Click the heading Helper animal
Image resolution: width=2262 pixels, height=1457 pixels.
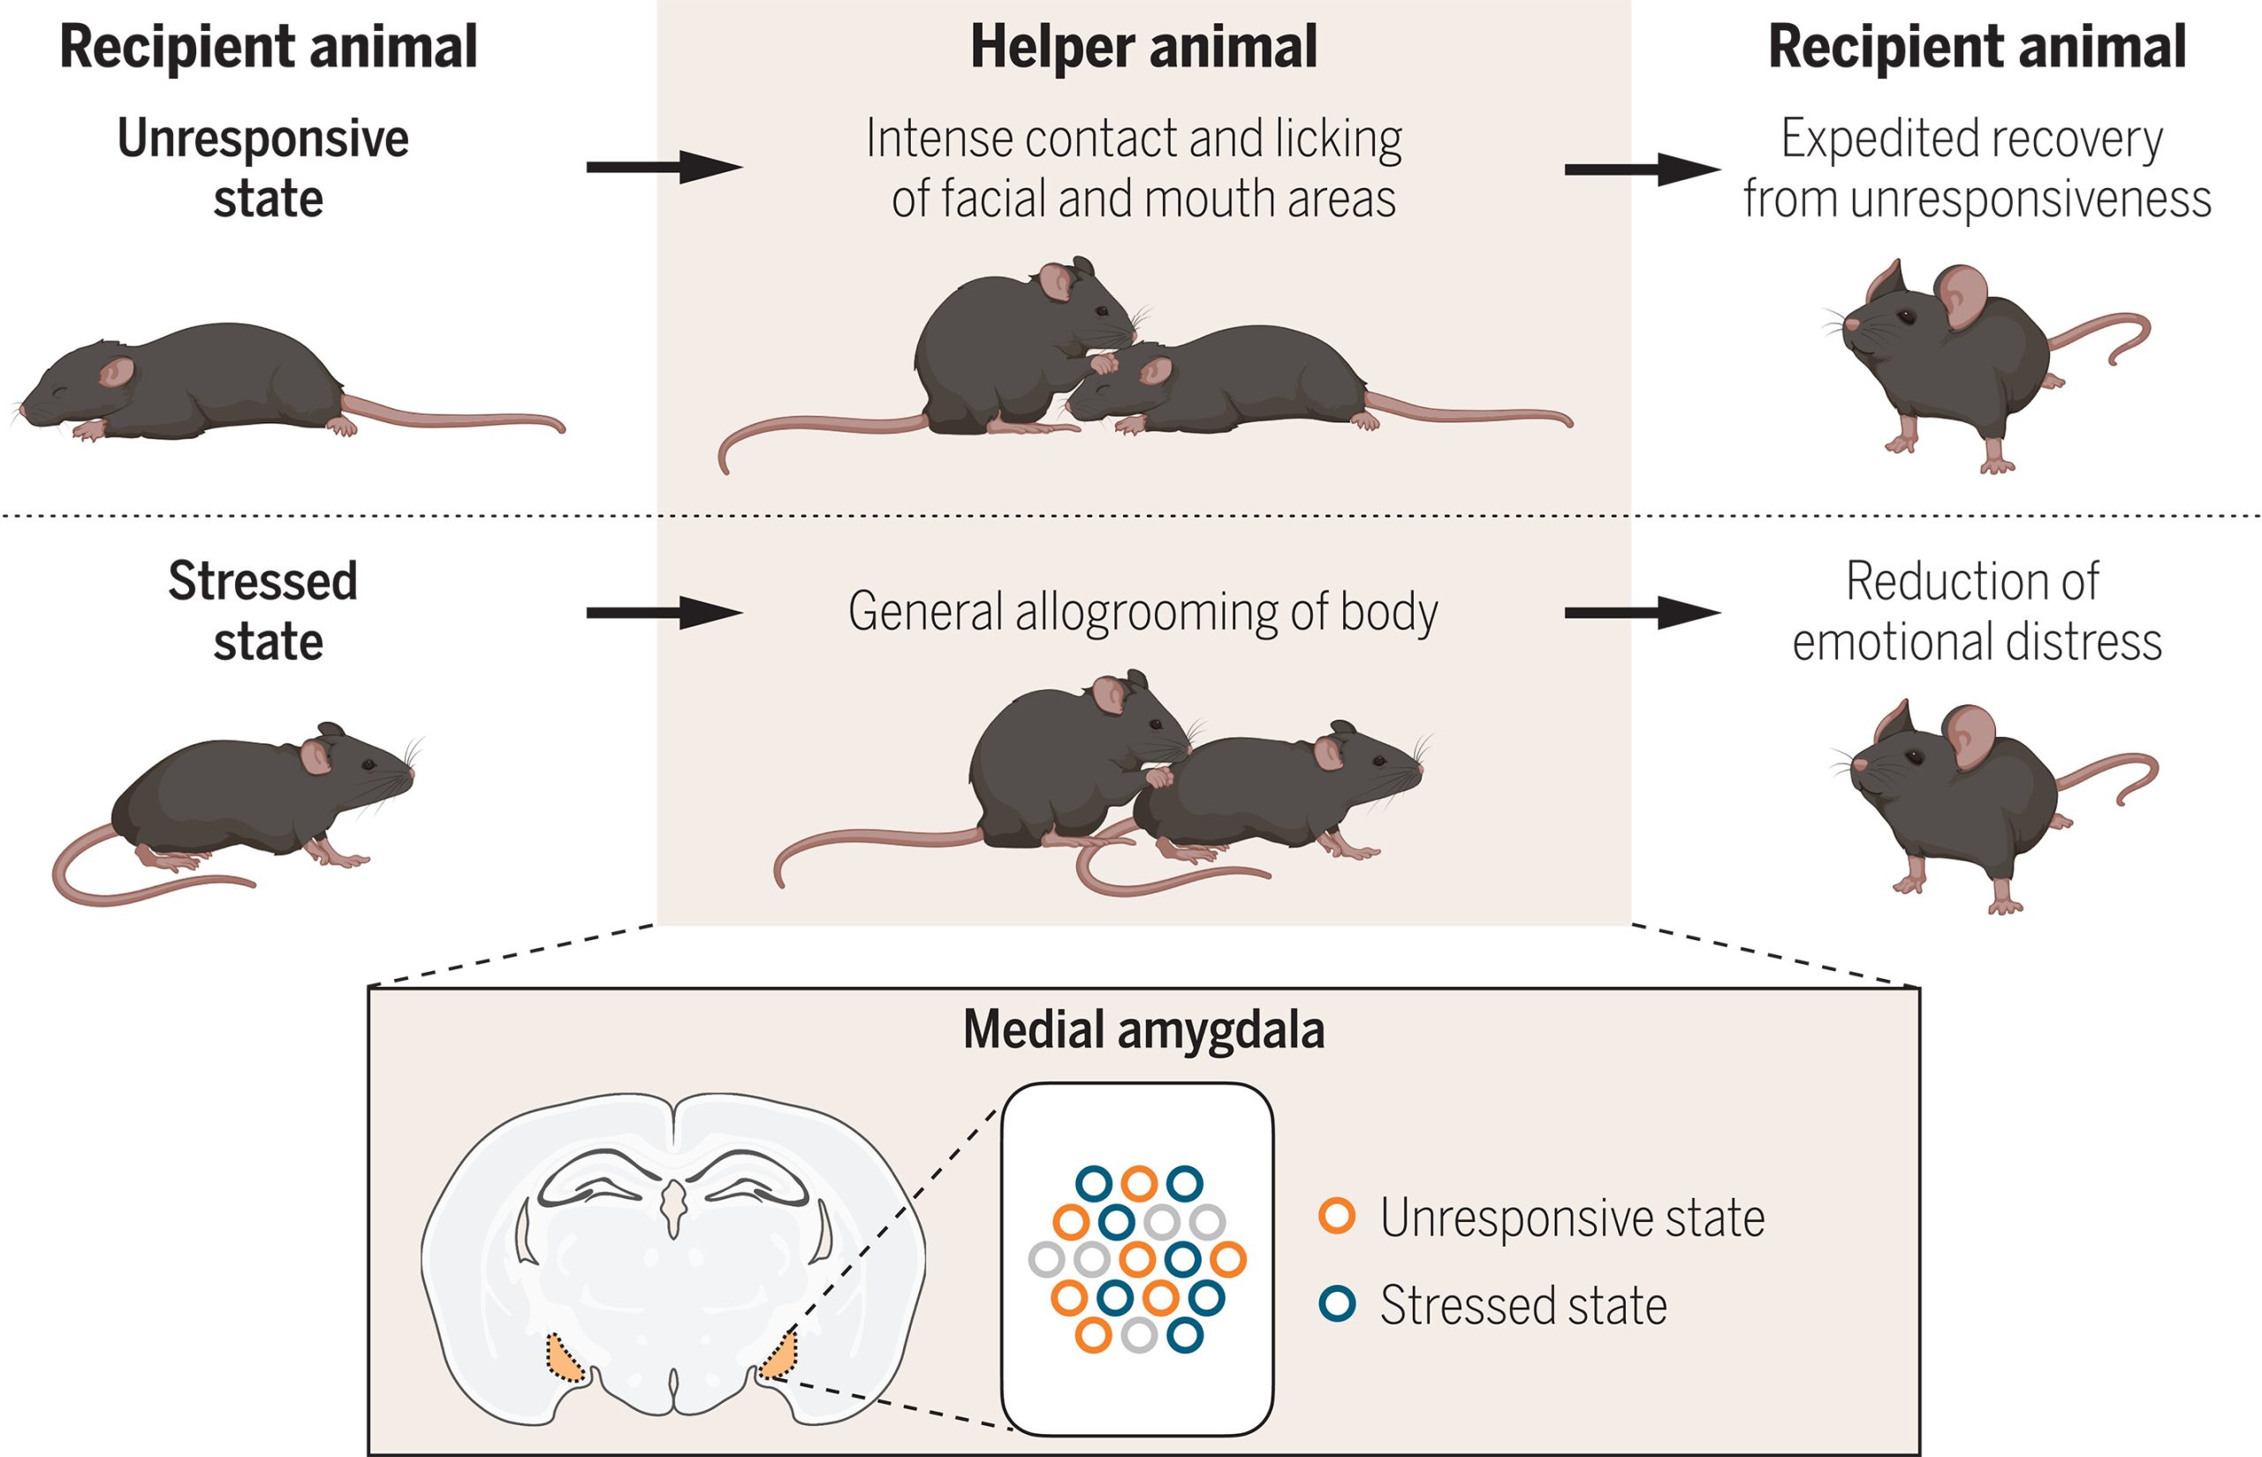click(1142, 48)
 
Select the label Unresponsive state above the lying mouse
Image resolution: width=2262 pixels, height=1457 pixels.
click(265, 169)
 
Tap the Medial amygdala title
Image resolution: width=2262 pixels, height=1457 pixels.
click(1142, 1030)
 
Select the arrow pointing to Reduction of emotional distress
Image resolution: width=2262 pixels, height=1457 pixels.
click(1642, 613)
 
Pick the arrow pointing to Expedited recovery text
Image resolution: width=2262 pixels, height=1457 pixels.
click(1642, 171)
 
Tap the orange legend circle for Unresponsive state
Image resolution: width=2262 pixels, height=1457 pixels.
click(1337, 1216)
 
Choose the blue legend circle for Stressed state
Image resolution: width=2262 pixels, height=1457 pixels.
click(1337, 1304)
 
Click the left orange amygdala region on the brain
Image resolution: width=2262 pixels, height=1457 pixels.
click(565, 1360)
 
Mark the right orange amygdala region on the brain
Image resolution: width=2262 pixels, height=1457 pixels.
click(780, 1356)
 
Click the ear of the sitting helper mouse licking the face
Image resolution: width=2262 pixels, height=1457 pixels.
click(1056, 282)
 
